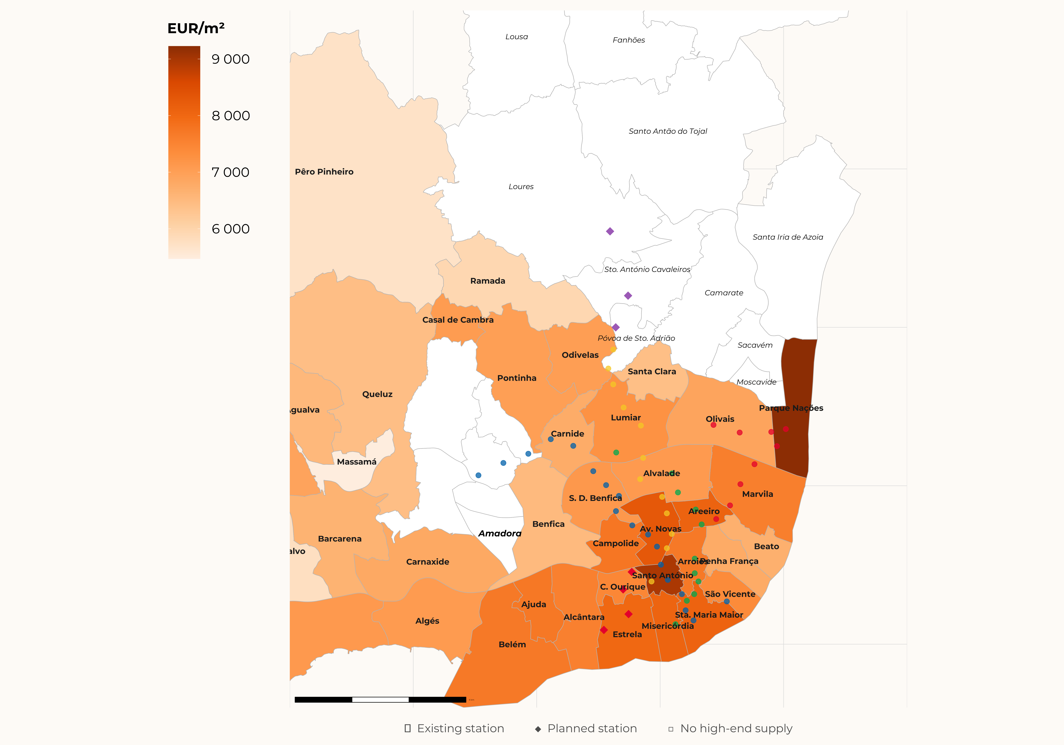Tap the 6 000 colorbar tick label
(x=230, y=229)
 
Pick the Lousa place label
(x=516, y=37)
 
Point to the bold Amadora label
(x=500, y=534)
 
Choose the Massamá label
(x=356, y=462)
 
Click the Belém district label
(x=512, y=644)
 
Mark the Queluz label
(x=377, y=394)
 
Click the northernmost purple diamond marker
(x=610, y=231)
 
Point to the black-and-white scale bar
(x=380, y=700)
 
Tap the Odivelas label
(x=580, y=355)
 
